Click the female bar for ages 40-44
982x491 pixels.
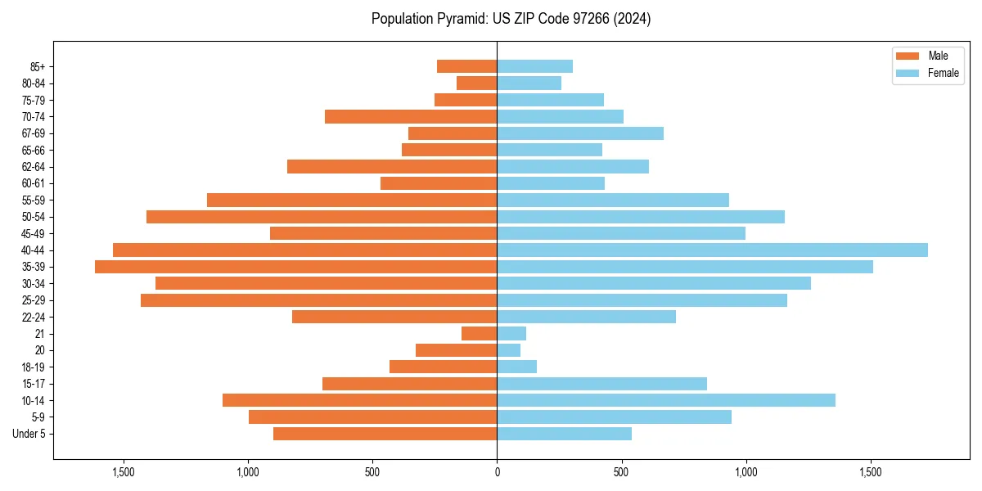(x=712, y=250)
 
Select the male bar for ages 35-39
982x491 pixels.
(x=296, y=267)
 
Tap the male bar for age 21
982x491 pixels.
(x=480, y=334)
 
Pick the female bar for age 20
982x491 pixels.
(x=509, y=350)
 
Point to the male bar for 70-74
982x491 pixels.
(x=411, y=117)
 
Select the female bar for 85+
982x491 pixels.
(x=535, y=66)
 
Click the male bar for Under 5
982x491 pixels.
(x=385, y=434)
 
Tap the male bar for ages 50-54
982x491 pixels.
(x=322, y=217)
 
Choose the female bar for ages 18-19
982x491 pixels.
(x=517, y=367)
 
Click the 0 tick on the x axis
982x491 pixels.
(x=497, y=472)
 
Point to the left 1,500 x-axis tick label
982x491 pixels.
(x=124, y=472)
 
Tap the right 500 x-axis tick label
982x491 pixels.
(x=622, y=472)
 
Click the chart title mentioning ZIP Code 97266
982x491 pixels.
(x=511, y=19)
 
